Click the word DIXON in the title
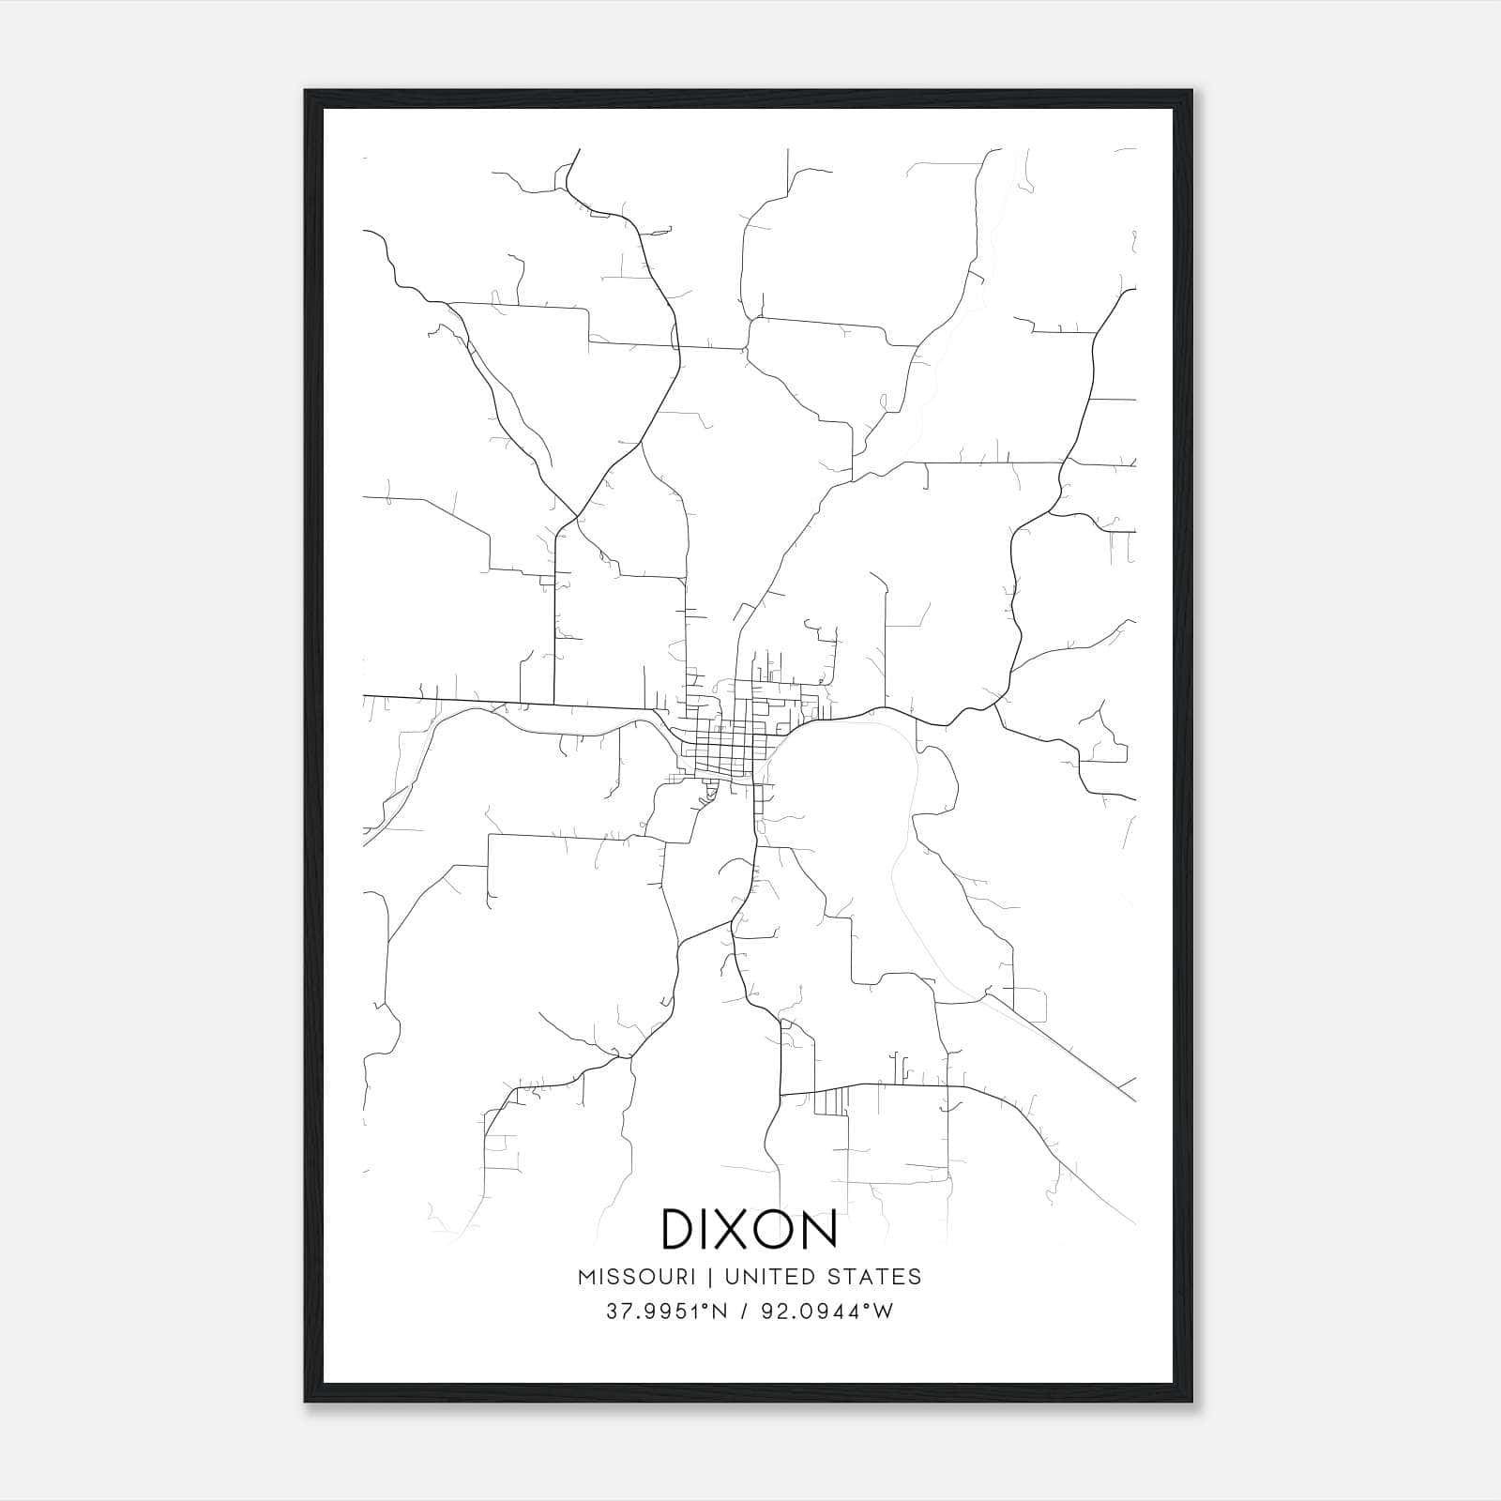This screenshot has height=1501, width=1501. point(750,1229)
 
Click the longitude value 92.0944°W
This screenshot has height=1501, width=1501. point(826,1311)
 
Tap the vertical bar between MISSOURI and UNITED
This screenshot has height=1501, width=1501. point(710,1277)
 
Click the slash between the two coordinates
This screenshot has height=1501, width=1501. point(745,1311)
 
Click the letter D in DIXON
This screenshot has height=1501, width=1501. point(679,1229)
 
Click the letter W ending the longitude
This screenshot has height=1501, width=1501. point(884,1311)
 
